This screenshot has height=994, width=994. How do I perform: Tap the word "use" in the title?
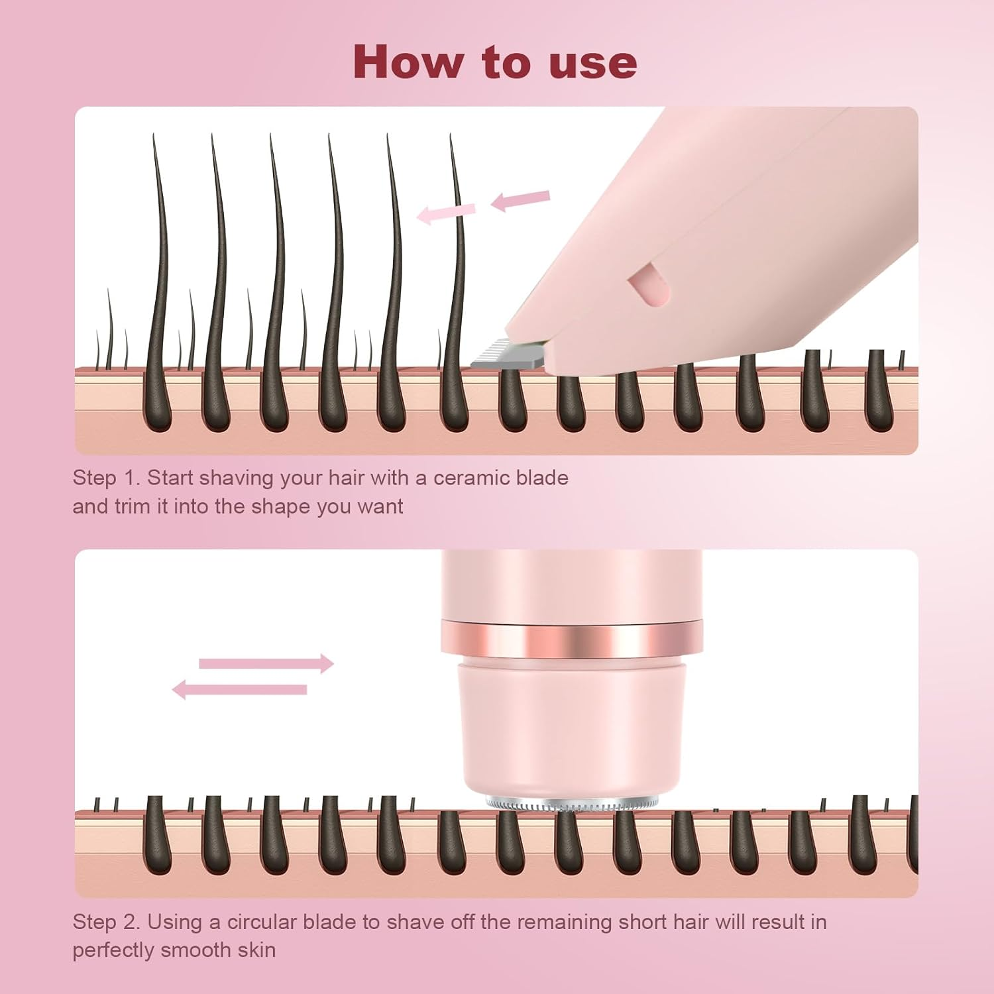(x=593, y=62)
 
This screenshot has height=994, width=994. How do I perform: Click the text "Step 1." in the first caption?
(x=106, y=478)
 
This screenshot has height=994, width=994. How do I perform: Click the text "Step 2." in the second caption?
(x=106, y=922)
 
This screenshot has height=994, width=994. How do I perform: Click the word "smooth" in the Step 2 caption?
(x=199, y=950)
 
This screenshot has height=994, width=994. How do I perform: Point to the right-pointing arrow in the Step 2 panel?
(x=266, y=663)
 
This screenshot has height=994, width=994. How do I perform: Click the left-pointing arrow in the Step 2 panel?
(x=240, y=690)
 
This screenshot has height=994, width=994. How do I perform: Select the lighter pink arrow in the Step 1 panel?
(x=446, y=213)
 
